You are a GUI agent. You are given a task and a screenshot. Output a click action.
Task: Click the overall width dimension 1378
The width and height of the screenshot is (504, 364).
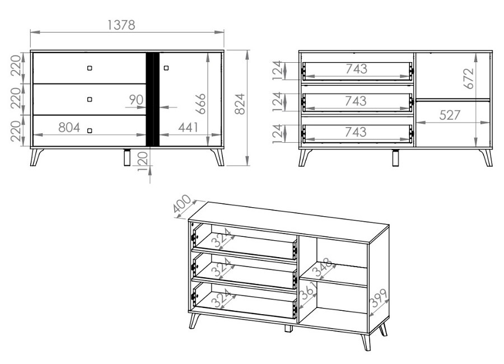[121, 25]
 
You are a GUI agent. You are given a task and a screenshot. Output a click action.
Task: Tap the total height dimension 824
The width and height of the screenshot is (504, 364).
[240, 104]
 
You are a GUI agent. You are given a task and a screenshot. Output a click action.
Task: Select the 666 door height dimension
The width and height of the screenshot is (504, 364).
[201, 104]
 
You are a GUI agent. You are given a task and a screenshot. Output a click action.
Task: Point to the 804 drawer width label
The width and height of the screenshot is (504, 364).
[69, 128]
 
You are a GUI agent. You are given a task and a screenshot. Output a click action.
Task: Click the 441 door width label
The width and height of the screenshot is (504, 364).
[188, 127]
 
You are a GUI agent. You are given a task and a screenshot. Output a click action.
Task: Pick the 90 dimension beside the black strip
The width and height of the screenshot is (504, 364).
[136, 100]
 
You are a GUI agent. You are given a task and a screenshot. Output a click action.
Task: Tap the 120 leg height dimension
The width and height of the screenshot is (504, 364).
[142, 161]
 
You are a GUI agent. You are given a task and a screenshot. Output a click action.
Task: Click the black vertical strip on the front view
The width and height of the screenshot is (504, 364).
[153, 99]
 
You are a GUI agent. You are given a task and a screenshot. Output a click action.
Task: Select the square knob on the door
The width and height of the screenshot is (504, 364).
[166, 68]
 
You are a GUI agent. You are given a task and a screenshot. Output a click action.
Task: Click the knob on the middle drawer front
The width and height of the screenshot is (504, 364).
[90, 99]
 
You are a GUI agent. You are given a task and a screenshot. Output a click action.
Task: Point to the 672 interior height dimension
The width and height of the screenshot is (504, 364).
[469, 78]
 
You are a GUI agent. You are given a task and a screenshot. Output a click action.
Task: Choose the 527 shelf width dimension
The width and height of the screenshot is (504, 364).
[450, 115]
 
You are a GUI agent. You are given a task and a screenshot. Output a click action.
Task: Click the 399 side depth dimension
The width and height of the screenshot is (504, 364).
[379, 298]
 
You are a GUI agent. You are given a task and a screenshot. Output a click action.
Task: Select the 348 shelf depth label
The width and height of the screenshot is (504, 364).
[323, 268]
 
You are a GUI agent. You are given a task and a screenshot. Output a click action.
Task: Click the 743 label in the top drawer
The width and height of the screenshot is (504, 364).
[357, 69]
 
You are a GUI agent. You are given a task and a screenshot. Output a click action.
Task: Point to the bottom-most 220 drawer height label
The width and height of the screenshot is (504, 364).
[16, 131]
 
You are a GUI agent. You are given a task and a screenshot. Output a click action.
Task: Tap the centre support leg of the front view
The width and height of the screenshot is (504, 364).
[127, 157]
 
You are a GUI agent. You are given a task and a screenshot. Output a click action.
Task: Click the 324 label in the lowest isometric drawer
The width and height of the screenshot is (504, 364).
[222, 298]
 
